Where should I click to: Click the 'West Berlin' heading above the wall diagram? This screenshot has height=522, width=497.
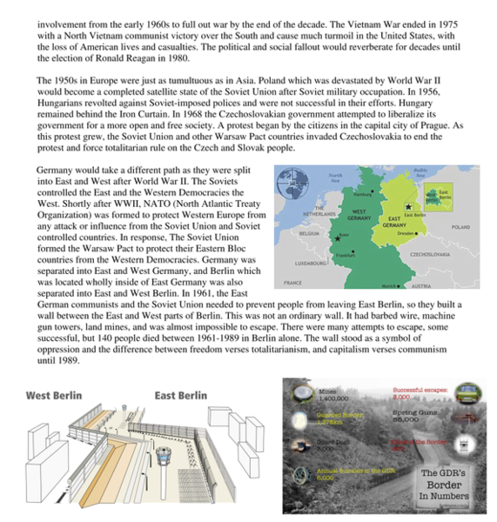[x=54, y=395]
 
